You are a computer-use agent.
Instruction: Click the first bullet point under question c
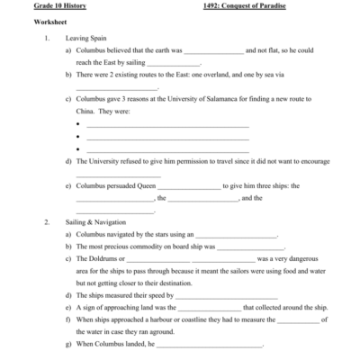[x=78, y=124]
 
